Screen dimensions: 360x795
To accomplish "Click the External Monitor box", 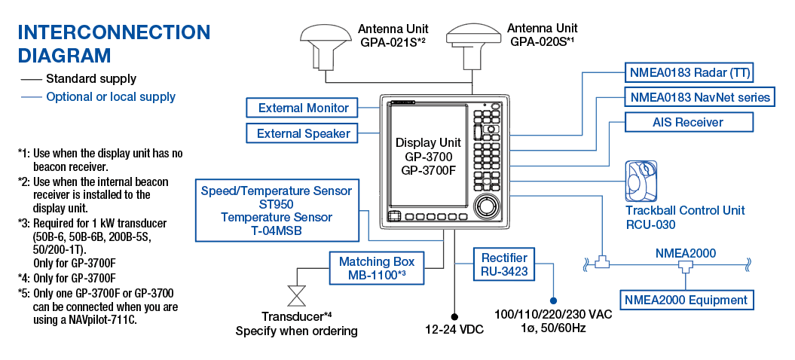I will (303, 108).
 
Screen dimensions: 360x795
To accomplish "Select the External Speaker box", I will (303, 133).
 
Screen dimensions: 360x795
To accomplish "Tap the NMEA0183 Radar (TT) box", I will (690, 73).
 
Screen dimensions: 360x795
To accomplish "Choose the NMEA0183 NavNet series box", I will (700, 97).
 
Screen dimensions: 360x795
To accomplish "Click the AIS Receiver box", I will (687, 122).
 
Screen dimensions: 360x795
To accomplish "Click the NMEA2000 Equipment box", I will (686, 300).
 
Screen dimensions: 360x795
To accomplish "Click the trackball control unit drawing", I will (642, 181).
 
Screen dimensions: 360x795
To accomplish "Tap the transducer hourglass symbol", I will (296, 293).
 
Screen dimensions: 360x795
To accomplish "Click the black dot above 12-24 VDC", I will (454, 316).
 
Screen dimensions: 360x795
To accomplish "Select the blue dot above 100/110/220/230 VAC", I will (553, 299).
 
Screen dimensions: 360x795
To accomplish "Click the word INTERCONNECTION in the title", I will (114, 32).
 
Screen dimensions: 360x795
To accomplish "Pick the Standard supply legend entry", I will (90, 78).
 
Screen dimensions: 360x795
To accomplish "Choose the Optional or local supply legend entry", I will (110, 96).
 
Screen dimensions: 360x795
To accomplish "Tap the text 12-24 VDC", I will (454, 330).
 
